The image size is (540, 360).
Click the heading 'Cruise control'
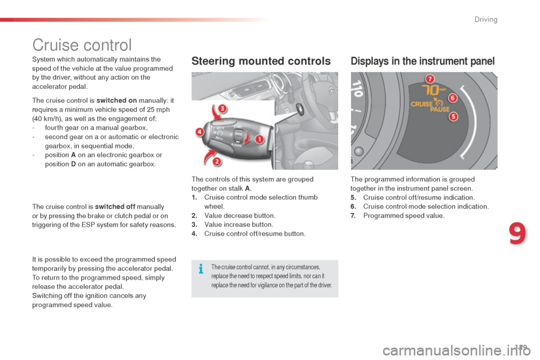82,45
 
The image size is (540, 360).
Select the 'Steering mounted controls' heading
261,61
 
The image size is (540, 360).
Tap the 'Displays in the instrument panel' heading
422,61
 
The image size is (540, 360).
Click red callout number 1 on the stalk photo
260,138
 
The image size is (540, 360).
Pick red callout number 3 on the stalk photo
222,108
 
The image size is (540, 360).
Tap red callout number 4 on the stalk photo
200,133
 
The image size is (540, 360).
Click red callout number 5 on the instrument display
453,116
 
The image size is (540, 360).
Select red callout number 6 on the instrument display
452,98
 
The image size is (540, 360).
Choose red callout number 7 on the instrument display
430,78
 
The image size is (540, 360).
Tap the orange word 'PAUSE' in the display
440,110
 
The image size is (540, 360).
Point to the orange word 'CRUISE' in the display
421,104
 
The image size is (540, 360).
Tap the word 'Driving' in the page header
485,20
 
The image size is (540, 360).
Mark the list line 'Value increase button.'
238,224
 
